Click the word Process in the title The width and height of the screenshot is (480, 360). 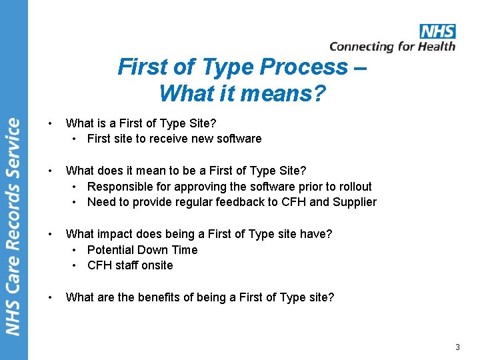tap(304, 67)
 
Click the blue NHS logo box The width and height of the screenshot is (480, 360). tap(437, 31)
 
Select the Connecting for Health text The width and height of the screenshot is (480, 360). tap(392, 47)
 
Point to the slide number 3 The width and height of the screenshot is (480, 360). tap(457, 347)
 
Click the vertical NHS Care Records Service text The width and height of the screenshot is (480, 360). tap(13, 227)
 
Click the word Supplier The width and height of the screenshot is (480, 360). tap(355, 202)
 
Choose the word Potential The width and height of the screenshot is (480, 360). tap(109, 250)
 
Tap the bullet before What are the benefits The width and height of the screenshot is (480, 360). tap(51, 297)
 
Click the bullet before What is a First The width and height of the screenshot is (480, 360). tap(51, 123)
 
